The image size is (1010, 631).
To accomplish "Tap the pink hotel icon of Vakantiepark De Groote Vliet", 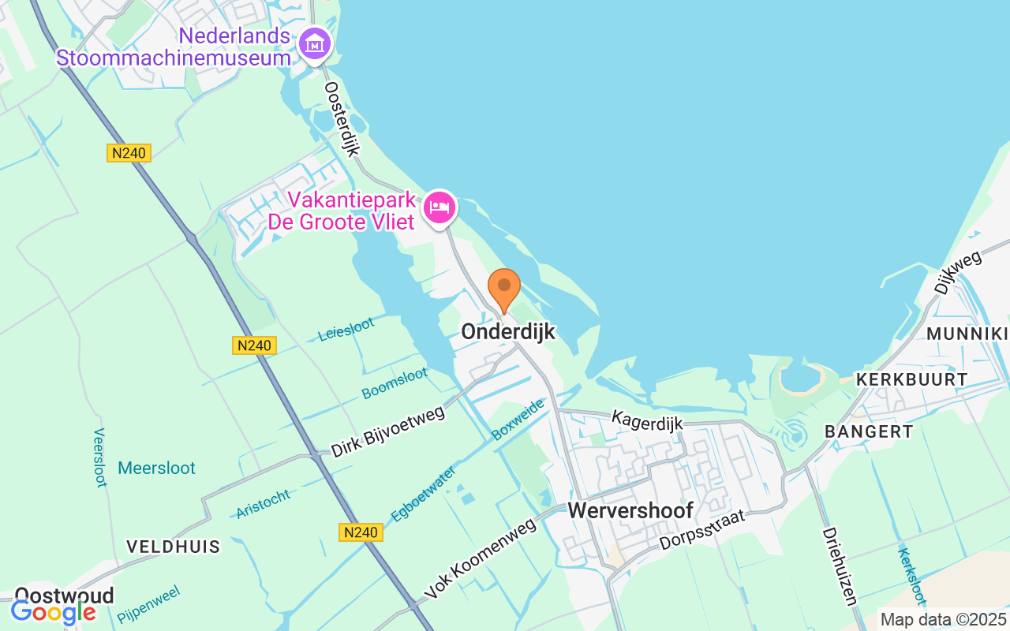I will pos(440,207).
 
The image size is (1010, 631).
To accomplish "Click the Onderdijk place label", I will pos(508,332).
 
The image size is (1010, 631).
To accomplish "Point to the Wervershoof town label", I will pos(630,510).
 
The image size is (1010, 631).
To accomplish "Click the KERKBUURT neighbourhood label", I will pos(911,379).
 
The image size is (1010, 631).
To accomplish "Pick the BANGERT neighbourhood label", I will pos(869,431).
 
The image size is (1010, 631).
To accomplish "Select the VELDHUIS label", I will pos(174,547).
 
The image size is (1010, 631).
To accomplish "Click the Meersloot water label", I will pos(156,468).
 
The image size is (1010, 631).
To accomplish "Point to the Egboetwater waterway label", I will pos(423,494).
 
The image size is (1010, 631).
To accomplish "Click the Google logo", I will pos(54,611).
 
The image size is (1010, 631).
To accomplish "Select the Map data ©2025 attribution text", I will pos(944,619).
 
